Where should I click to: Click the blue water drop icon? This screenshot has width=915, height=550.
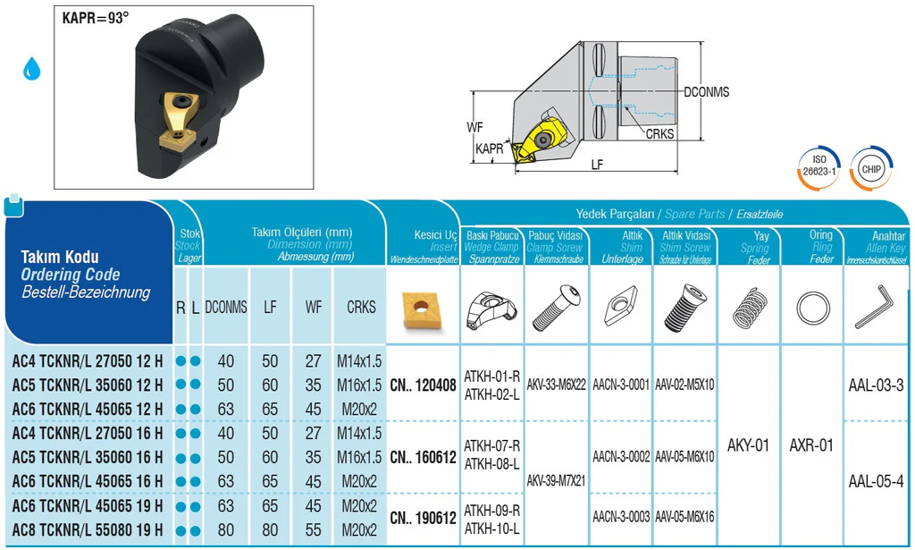click(33, 68)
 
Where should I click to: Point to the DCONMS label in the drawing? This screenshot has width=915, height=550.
click(706, 92)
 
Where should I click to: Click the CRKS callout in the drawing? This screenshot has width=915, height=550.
click(660, 134)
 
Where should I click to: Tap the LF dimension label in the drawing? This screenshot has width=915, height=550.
click(596, 165)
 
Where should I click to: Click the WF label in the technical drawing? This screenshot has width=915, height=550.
click(474, 127)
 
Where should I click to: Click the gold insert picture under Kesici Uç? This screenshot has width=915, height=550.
click(423, 306)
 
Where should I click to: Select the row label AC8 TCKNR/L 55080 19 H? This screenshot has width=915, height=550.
click(88, 530)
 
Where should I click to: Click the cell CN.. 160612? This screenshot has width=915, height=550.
click(423, 458)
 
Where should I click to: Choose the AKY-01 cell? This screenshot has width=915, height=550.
click(748, 444)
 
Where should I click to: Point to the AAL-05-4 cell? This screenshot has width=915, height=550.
click(876, 481)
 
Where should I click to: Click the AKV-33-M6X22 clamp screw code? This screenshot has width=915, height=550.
click(557, 385)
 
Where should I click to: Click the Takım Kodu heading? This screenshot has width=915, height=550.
click(60, 257)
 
